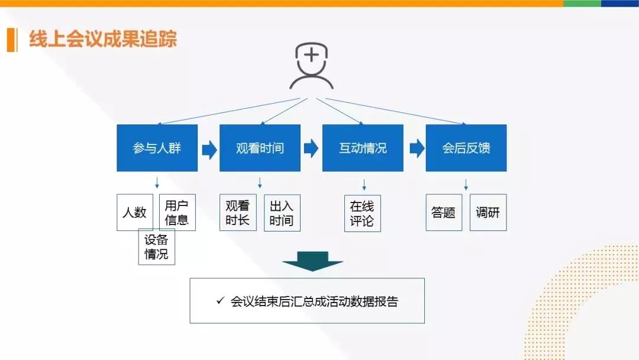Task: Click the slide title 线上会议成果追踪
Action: [x=103, y=40]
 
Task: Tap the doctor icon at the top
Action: [x=311, y=66]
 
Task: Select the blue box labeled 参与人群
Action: [x=157, y=148]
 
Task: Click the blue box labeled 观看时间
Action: [x=260, y=148]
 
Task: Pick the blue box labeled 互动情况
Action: [x=363, y=148]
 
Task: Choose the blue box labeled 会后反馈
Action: [x=466, y=148]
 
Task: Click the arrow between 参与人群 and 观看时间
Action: [x=209, y=149]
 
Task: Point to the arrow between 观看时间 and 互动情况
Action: [x=311, y=149]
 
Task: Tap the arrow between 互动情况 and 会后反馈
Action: [x=417, y=149]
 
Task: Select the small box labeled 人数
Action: [x=134, y=212]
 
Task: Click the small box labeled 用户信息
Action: [x=177, y=213]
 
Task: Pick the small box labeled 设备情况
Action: [x=157, y=247]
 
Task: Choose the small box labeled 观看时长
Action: [x=237, y=213]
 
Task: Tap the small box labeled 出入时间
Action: [x=282, y=213]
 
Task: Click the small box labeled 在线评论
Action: [x=362, y=214]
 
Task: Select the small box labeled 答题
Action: [x=444, y=213]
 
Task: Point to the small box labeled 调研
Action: [x=488, y=213]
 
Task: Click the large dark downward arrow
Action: [x=312, y=261]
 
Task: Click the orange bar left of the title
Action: [x=11, y=40]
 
